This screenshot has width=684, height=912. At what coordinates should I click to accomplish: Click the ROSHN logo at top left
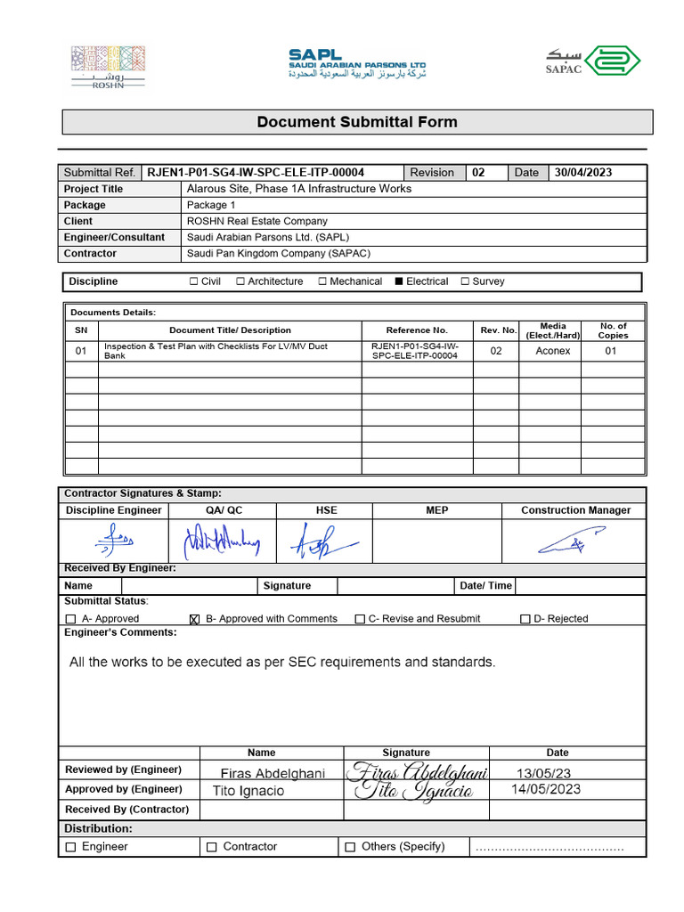tap(107, 67)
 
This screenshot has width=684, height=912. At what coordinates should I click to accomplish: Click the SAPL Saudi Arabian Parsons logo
tap(357, 64)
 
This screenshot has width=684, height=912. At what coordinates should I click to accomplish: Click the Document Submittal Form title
tap(357, 122)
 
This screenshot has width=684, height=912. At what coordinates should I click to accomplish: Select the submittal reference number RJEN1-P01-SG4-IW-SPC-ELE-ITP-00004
tap(256, 173)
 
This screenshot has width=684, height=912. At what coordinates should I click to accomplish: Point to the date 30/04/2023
tap(583, 173)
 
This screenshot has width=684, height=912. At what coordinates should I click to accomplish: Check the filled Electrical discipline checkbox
tap(400, 281)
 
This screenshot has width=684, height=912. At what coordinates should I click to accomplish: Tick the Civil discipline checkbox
tap(194, 281)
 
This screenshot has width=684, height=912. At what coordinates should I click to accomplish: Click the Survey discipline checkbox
tap(465, 281)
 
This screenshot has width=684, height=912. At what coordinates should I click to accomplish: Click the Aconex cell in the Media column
tap(553, 351)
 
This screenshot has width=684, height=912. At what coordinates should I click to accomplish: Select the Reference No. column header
tap(417, 330)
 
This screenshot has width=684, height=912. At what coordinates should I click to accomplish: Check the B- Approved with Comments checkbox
tap(195, 619)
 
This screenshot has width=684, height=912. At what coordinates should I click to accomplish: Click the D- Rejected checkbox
tap(525, 619)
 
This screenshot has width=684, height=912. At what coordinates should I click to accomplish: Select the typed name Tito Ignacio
tap(248, 791)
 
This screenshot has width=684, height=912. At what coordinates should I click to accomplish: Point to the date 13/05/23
tap(544, 773)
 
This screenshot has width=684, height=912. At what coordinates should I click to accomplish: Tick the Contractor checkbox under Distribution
tap(211, 847)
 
